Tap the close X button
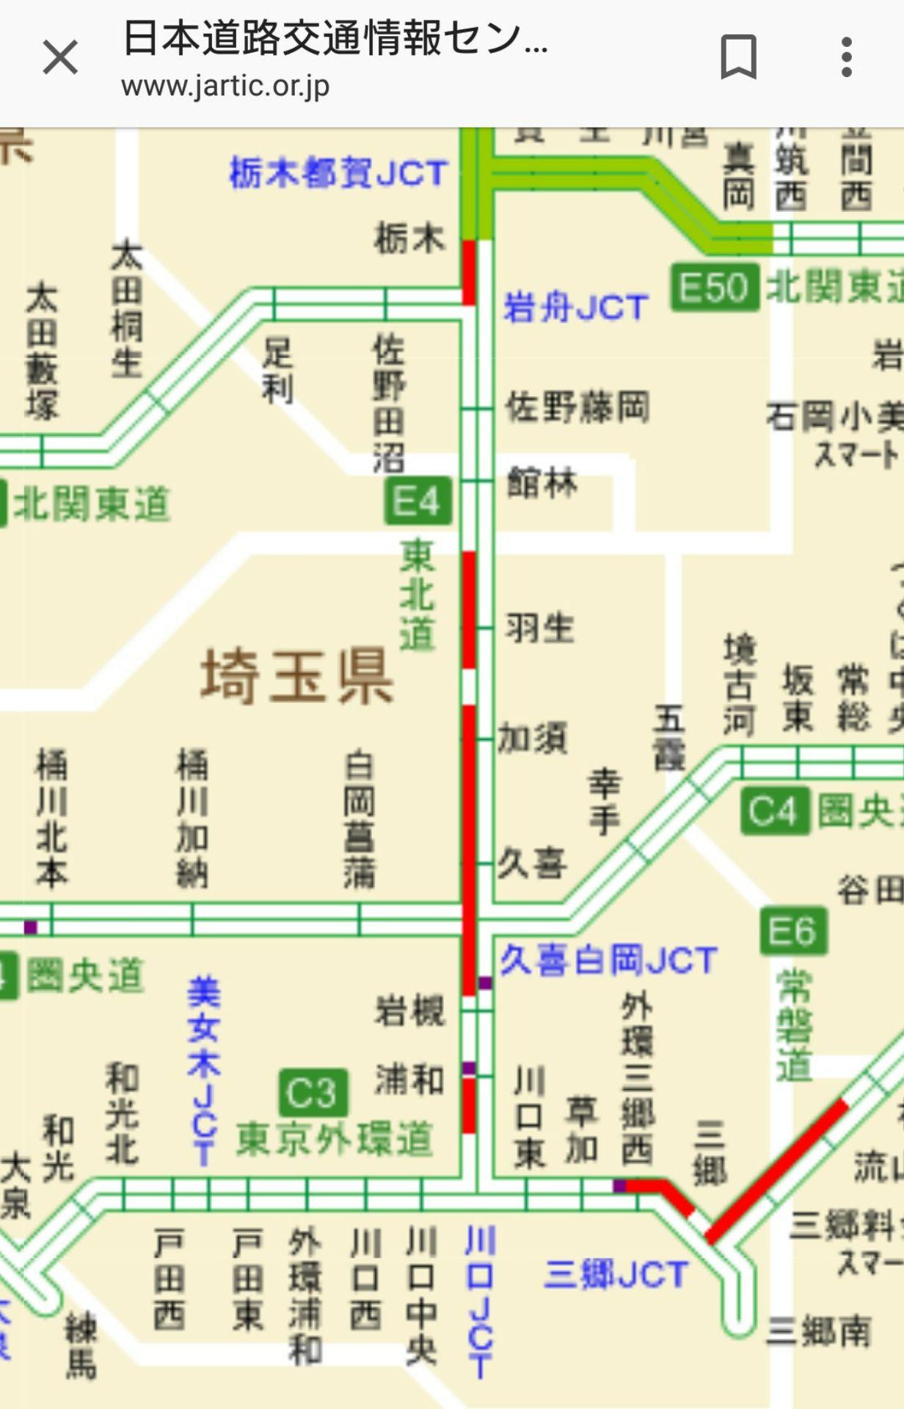click(x=60, y=57)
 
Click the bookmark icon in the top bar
click(x=738, y=57)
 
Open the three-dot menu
click(x=846, y=57)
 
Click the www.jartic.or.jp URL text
click(x=225, y=87)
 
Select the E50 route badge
click(x=713, y=286)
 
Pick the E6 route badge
click(x=792, y=931)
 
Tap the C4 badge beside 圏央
click(x=774, y=811)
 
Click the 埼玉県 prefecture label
click(x=297, y=676)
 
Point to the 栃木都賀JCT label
click(x=338, y=174)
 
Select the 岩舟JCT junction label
click(x=575, y=307)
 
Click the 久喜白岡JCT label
click(x=608, y=960)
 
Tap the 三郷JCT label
click(x=616, y=1275)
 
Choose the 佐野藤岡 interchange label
click(x=577, y=407)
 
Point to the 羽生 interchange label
click(x=539, y=628)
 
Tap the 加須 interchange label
click(x=533, y=738)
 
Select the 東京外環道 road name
click(x=334, y=1140)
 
